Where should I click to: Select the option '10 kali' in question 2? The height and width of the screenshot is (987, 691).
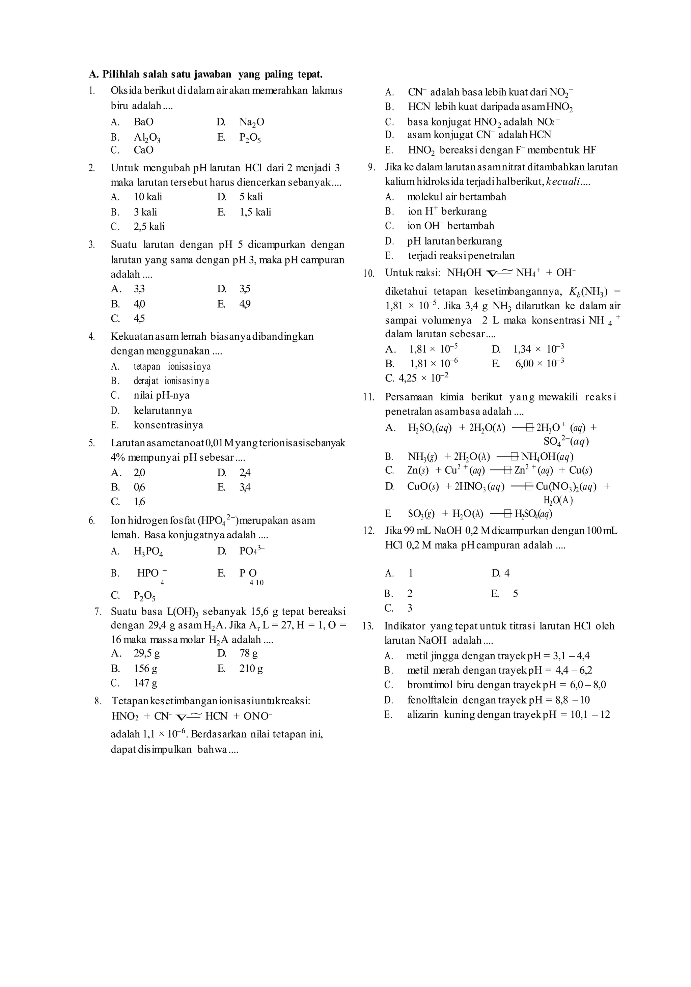(x=147, y=197)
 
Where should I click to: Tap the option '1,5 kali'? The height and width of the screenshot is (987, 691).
(x=255, y=212)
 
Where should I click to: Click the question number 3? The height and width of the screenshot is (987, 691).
(x=91, y=245)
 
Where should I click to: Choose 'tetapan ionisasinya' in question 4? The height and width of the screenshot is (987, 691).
(x=172, y=366)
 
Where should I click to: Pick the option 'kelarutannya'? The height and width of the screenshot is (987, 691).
(x=163, y=411)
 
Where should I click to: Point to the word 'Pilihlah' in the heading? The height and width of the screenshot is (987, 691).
(x=121, y=74)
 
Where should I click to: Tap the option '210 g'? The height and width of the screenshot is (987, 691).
(x=251, y=669)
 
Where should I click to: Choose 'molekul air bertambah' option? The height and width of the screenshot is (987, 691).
(x=456, y=197)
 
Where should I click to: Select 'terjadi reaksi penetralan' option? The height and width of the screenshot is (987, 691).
(x=461, y=256)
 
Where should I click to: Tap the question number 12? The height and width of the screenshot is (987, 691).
(x=368, y=531)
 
